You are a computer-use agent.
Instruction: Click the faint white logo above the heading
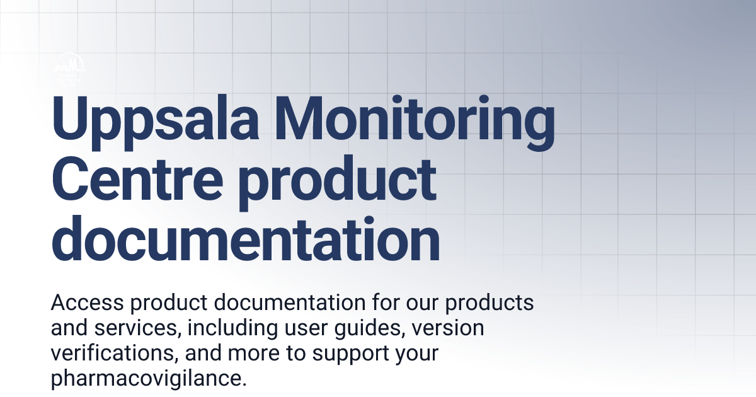(x=69, y=66)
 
